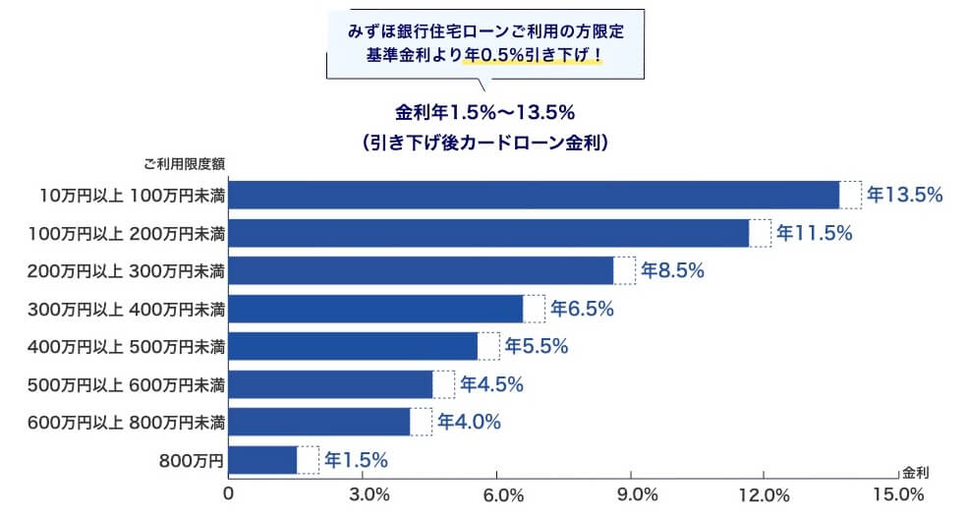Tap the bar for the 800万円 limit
(262, 460)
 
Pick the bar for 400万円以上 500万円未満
(353, 346)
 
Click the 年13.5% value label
(905, 195)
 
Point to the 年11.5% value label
(814, 233)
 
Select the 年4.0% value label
(469, 422)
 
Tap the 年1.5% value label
(357, 459)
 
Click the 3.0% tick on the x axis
(370, 492)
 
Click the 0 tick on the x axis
(229, 492)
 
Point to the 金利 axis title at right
(915, 472)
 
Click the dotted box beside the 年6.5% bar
(534, 309)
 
